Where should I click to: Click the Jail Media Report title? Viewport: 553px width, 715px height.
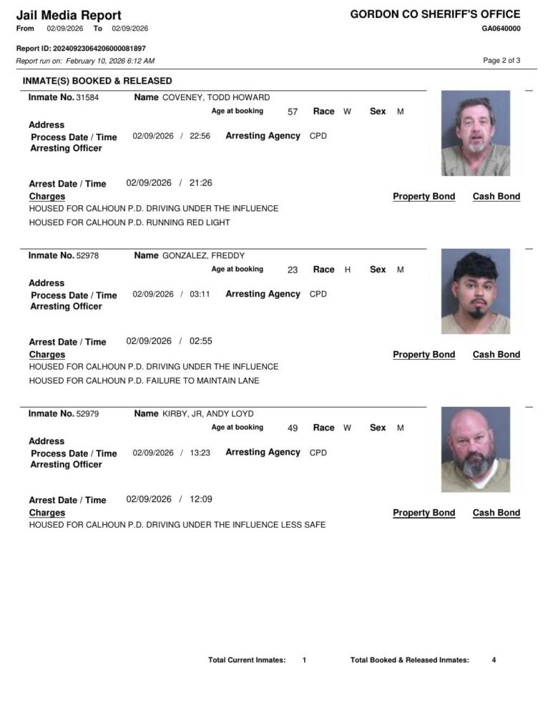tap(69, 15)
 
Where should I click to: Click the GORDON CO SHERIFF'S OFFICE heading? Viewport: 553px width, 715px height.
tap(435, 14)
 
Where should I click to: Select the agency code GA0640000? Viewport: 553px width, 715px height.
tap(501, 29)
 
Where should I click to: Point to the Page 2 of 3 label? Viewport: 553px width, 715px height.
tap(501, 61)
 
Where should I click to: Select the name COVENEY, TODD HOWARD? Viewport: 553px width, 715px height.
tap(216, 97)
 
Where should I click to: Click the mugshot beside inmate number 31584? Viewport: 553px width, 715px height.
tap(475, 133)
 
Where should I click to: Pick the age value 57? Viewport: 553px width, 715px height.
tap(293, 112)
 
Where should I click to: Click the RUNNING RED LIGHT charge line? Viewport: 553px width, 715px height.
tap(129, 222)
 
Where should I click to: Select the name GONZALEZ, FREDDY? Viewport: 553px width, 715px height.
tap(204, 255)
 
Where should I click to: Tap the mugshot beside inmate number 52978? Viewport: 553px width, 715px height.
tap(475, 291)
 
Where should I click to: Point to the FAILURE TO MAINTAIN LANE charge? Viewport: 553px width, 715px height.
tap(144, 380)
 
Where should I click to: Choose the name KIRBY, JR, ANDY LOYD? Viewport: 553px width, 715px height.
tap(207, 413)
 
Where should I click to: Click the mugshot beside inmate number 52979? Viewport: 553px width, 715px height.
tap(475, 449)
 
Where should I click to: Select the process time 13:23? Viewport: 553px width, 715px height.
tap(200, 453)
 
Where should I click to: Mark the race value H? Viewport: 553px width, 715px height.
tap(348, 270)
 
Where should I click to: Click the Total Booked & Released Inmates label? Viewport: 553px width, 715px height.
tap(410, 660)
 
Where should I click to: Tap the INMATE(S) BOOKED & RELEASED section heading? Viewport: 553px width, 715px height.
tap(97, 81)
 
